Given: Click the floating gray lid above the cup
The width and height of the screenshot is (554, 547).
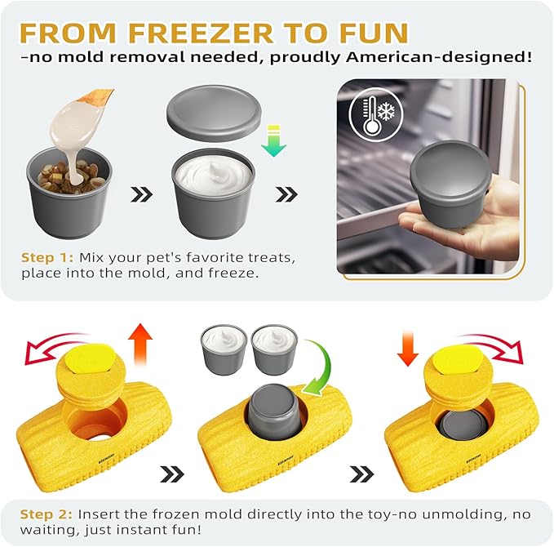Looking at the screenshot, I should click(x=215, y=113).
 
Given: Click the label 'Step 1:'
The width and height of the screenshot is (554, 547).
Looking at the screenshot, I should click(x=48, y=258).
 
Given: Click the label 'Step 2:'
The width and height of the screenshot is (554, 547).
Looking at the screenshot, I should click(x=48, y=514).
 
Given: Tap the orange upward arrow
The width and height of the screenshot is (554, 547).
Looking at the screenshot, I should click(x=140, y=343).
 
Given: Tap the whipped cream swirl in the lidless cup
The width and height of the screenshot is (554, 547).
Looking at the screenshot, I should click(x=215, y=171).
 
